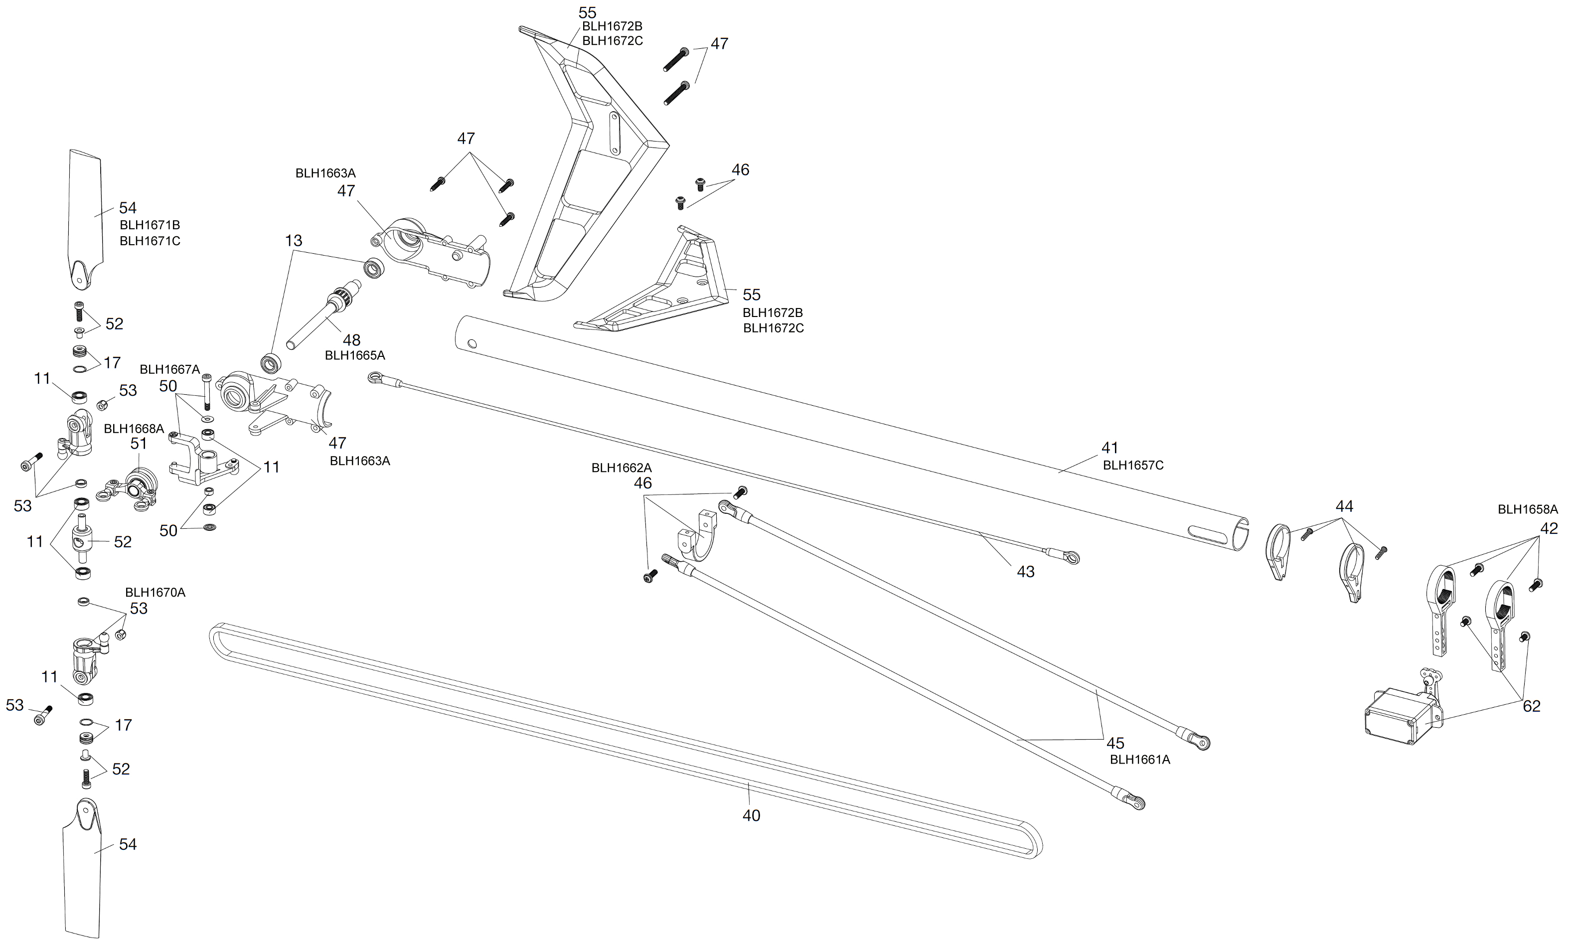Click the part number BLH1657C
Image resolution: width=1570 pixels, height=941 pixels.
1132,465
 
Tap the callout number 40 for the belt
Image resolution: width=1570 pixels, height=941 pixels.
751,815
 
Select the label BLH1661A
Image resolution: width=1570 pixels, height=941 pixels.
1139,760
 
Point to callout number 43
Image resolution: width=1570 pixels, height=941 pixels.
1025,572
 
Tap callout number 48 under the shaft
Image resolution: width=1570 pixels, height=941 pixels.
351,340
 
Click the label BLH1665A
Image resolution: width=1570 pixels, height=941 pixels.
354,356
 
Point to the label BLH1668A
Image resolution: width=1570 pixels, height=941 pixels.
134,429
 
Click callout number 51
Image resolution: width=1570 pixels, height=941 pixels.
138,444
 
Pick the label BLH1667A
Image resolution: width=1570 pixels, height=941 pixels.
169,370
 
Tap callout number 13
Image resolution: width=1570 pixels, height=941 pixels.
294,241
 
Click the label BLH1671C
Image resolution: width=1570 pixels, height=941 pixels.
150,241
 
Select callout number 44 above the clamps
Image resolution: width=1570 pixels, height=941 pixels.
1344,507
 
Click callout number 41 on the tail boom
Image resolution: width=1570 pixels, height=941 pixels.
1109,448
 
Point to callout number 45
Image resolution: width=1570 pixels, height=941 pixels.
1115,743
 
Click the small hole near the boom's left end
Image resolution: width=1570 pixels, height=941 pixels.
471,344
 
